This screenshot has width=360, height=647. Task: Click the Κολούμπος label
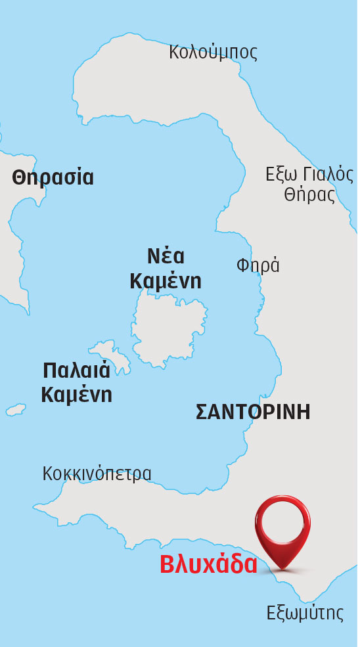(213, 52)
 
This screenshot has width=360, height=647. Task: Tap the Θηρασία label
(53, 177)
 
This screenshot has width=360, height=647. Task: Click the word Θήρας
(309, 195)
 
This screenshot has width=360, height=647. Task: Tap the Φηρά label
(258, 265)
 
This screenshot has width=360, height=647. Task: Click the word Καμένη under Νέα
(165, 281)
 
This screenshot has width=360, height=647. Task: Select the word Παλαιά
(76, 370)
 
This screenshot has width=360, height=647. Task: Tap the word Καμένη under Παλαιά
(76, 395)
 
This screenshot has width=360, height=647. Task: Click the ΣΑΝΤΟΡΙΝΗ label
(253, 413)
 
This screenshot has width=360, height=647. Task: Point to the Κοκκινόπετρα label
(97, 474)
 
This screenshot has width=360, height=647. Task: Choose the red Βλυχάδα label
(209, 565)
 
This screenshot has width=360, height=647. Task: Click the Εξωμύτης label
(305, 614)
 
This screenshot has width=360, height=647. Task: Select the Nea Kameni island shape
(168, 328)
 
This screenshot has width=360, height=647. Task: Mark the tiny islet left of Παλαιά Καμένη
(16, 409)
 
